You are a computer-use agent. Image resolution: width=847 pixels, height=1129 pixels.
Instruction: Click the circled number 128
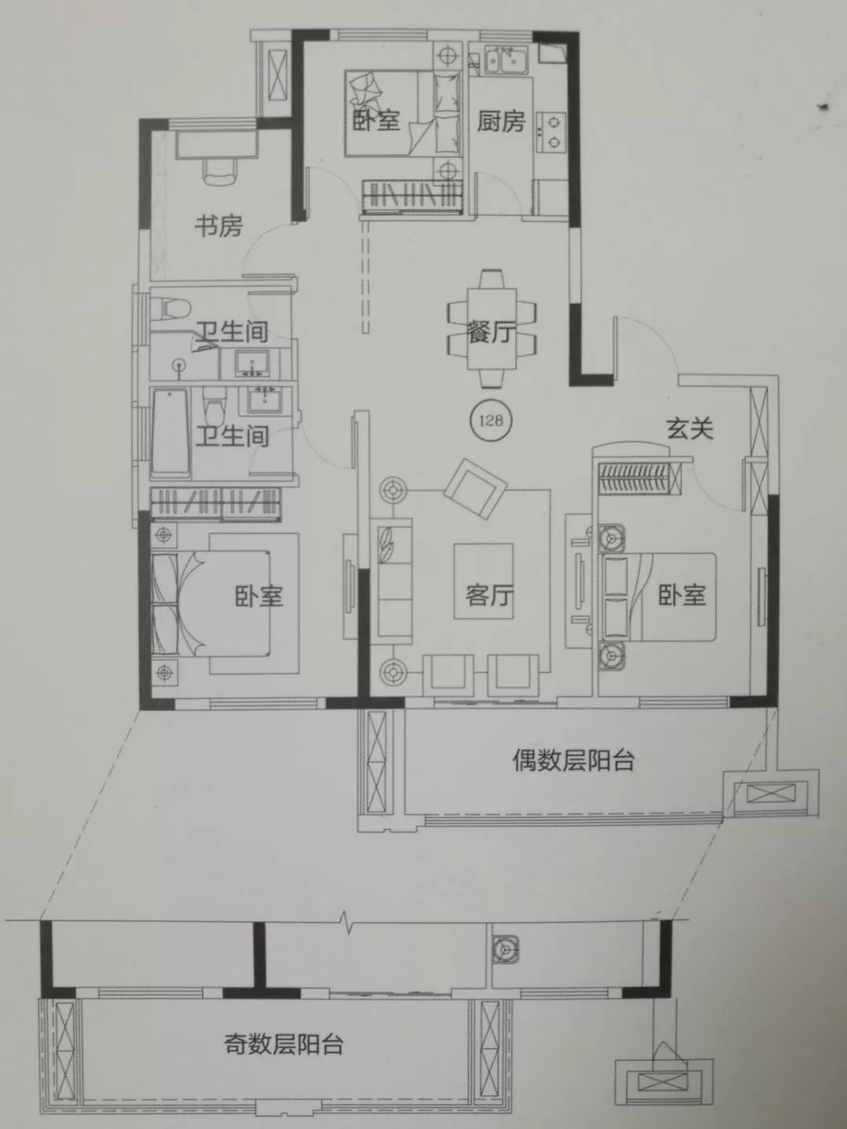(490, 420)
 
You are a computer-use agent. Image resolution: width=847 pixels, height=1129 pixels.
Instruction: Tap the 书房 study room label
(219, 227)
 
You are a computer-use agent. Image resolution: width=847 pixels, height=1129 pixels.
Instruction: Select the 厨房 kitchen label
(500, 121)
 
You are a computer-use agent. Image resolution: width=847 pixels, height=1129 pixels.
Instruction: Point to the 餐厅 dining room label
(491, 332)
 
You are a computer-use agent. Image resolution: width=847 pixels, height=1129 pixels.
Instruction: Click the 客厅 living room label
(489, 595)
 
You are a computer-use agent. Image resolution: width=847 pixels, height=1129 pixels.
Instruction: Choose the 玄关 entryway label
(689, 428)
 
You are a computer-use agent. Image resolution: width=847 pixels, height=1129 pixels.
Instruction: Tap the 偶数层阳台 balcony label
(573, 760)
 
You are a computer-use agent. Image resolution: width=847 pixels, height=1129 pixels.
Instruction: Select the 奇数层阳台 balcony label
(284, 1044)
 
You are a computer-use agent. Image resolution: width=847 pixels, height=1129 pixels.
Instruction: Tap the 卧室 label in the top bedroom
(376, 120)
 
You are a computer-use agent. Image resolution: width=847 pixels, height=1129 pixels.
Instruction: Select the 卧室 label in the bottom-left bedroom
(259, 596)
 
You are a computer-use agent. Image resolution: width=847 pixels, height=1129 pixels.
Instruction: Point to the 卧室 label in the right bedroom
(682, 595)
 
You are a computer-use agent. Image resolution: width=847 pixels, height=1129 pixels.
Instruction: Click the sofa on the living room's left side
(394, 580)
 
